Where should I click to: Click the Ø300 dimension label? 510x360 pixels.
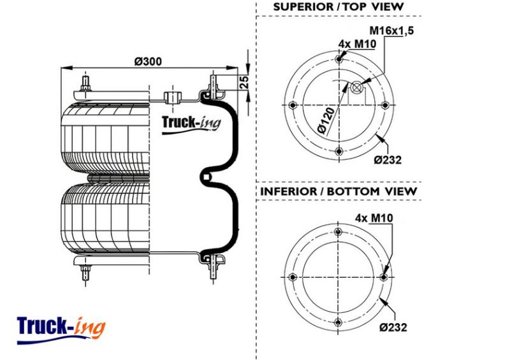(x=149, y=61)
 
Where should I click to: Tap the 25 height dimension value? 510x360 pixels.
(x=244, y=82)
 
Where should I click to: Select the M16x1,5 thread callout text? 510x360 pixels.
(x=391, y=31)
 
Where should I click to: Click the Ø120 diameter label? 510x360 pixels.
(x=326, y=120)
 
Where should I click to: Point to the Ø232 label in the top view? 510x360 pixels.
(x=388, y=160)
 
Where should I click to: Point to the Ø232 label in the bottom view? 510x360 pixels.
(x=393, y=327)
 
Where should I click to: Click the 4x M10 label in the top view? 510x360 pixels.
(x=357, y=43)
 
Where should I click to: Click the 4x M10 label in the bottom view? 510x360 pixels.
(x=374, y=218)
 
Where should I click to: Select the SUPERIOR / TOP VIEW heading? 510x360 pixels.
(x=339, y=6)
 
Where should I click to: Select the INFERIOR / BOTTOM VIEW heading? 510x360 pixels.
(x=339, y=191)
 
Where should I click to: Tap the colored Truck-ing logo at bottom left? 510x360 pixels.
(x=61, y=329)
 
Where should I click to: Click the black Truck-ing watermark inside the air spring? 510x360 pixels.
(x=191, y=124)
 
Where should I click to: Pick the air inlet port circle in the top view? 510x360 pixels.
(x=357, y=87)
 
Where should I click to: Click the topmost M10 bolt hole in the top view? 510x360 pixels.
(x=339, y=59)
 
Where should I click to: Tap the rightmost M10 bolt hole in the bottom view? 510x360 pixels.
(x=384, y=277)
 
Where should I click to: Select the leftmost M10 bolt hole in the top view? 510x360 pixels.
(x=293, y=105)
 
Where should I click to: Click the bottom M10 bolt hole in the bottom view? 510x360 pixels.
(x=339, y=322)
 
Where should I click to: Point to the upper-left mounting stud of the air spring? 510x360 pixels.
(x=85, y=83)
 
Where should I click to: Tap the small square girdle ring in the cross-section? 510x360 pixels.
(x=205, y=177)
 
